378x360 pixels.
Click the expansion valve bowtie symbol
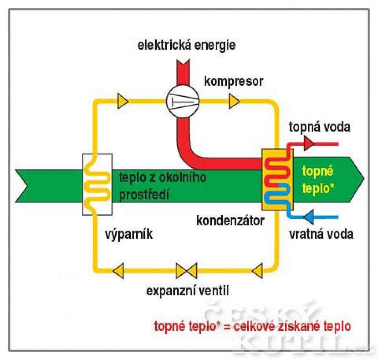(x=186, y=271)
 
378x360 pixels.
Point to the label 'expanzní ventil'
(x=188, y=290)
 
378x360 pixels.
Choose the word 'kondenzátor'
(x=230, y=221)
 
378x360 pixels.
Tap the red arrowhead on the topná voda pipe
(x=309, y=144)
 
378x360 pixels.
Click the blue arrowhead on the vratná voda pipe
(x=310, y=216)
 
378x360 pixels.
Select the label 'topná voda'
(x=320, y=127)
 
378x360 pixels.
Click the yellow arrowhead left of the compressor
(x=123, y=101)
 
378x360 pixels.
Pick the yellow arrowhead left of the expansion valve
(x=120, y=271)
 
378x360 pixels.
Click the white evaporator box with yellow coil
(x=97, y=184)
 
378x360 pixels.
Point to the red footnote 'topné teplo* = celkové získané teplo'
(x=253, y=326)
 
